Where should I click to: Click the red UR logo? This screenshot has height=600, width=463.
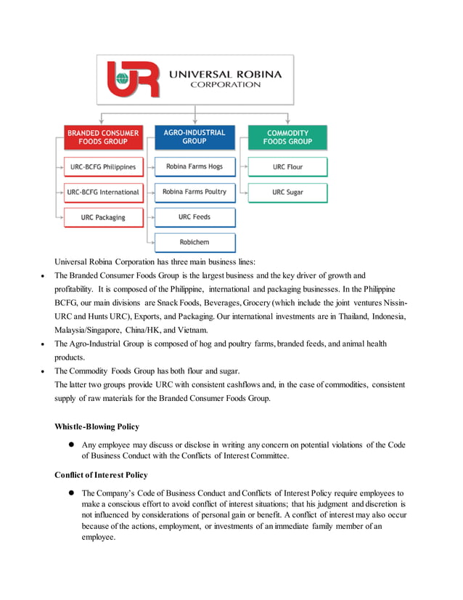[x=133, y=78]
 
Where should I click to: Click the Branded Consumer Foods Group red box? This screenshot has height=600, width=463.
[x=102, y=137]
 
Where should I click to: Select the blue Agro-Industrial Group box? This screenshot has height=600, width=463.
[x=194, y=137]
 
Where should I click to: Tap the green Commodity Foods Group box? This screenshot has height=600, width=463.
[x=287, y=137]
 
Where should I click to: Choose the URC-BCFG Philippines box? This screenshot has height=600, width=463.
[x=102, y=167]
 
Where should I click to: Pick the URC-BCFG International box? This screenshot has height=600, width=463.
[x=102, y=192]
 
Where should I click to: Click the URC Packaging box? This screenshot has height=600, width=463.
[x=102, y=217]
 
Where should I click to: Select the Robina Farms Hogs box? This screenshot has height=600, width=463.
[x=194, y=167]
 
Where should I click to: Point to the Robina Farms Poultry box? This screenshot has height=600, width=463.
[x=194, y=192]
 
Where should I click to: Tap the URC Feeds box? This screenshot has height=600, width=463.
[x=194, y=217]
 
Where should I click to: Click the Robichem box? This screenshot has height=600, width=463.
[x=194, y=242]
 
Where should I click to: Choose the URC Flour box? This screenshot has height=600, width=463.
[x=287, y=167]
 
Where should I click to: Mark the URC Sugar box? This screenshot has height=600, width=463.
[x=287, y=192]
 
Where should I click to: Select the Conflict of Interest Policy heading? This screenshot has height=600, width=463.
[x=101, y=475]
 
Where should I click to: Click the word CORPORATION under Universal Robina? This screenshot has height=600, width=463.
[x=225, y=84]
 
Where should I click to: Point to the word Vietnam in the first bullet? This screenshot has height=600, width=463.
[x=198, y=330]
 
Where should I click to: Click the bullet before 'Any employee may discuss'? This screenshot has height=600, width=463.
[x=73, y=444]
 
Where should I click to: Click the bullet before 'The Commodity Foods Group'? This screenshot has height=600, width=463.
[x=44, y=370]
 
